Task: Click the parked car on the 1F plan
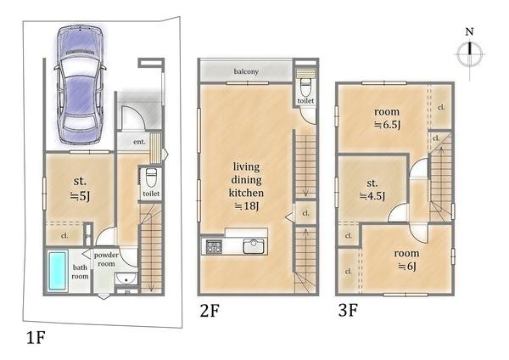point(80,84)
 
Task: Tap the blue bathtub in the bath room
point(58,272)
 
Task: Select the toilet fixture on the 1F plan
point(151,177)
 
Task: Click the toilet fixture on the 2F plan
point(305,85)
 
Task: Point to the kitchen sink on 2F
point(254,246)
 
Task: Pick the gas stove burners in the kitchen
point(213,246)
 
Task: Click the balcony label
point(246,71)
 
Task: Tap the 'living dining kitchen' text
point(246,180)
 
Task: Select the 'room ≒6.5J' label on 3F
point(387,118)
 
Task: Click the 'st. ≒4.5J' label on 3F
point(372,189)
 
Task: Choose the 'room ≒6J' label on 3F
point(406,260)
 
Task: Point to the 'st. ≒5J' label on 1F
point(80,188)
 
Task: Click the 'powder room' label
point(106,259)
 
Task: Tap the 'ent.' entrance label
point(139,142)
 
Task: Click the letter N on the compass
point(469,31)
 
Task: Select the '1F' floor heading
point(36,337)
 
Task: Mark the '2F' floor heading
point(210,311)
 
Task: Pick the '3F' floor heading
point(348,311)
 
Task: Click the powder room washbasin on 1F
point(126,279)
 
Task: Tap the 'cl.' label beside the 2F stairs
point(305,213)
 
